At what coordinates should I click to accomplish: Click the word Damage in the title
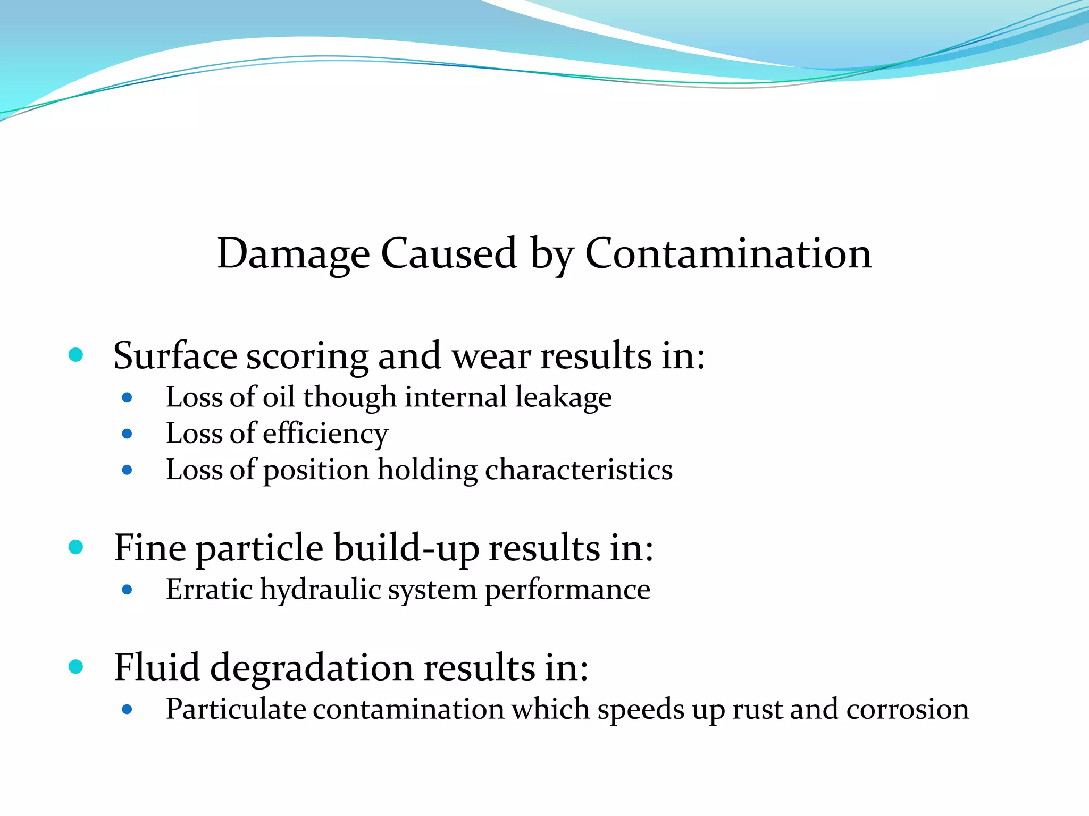click(x=294, y=254)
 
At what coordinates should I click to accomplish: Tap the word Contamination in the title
click(x=728, y=253)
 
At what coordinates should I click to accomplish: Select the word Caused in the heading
click(x=449, y=253)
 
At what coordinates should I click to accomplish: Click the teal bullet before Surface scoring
click(x=76, y=354)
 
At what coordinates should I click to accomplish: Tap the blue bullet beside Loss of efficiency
click(x=127, y=433)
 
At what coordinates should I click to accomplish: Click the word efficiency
click(x=325, y=434)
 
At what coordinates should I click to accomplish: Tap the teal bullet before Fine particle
click(x=76, y=547)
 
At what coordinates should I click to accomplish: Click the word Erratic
click(x=210, y=589)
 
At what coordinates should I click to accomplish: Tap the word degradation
click(x=312, y=668)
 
